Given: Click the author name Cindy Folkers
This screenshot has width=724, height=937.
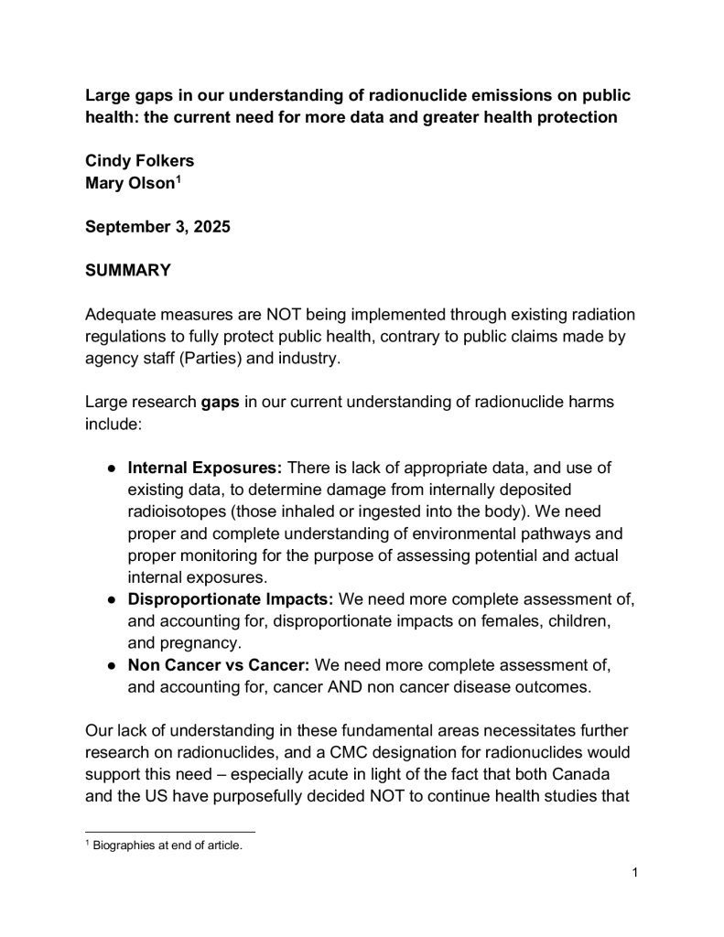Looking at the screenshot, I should point(139,161).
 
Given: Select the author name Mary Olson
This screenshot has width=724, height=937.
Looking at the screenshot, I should point(130,182).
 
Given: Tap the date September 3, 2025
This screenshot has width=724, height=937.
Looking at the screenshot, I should point(157,227).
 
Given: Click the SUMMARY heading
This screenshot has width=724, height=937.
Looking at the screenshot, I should point(128,271).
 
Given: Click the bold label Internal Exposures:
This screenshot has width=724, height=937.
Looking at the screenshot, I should point(206,468).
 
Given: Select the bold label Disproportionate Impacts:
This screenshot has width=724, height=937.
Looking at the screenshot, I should point(232,599).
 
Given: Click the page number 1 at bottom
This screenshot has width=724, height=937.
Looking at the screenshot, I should point(634,872).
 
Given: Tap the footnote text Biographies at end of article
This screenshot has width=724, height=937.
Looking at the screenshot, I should point(167,845).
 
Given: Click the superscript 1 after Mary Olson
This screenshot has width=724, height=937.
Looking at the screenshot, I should point(178,178).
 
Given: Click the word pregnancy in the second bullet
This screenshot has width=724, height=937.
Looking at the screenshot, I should point(200,643).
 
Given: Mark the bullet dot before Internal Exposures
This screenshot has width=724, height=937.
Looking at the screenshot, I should point(111,468).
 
